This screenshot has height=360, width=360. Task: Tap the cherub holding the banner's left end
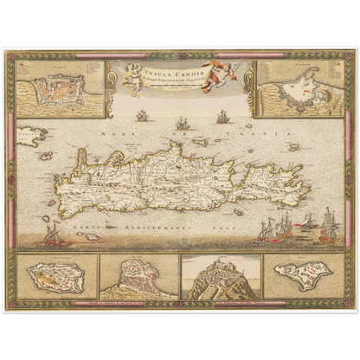133,78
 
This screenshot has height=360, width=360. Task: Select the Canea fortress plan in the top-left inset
57,90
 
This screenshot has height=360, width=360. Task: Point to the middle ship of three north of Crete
183,124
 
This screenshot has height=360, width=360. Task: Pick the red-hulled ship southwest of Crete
54,232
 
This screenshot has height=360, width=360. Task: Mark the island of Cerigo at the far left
34,134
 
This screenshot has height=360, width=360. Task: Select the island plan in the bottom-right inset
299,278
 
